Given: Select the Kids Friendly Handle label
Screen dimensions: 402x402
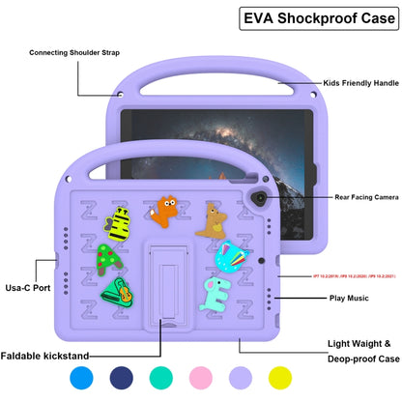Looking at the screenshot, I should point(360,85).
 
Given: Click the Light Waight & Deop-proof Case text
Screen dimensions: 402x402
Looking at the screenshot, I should point(359,351).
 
